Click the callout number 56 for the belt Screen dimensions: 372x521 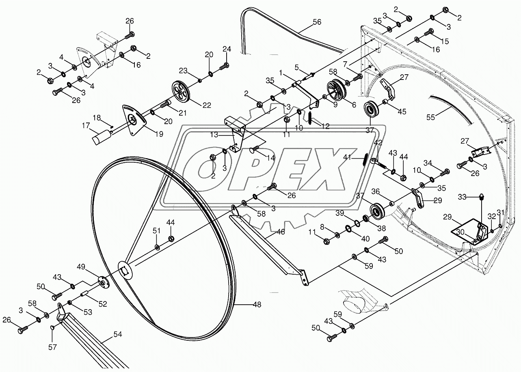pos(317,22)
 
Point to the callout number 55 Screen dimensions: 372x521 pos(430,117)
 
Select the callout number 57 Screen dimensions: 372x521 pos(53,347)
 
